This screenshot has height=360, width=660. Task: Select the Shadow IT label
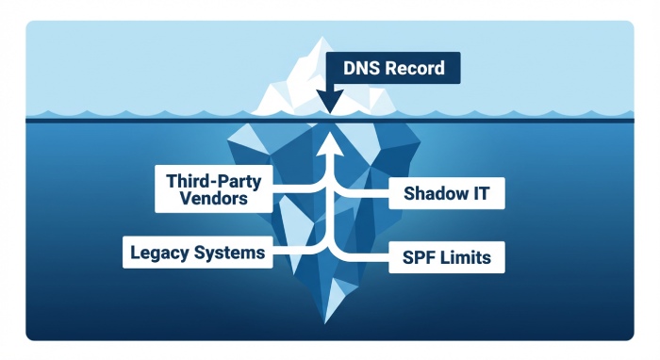click(447, 195)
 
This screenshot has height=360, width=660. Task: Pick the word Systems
click(229, 253)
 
